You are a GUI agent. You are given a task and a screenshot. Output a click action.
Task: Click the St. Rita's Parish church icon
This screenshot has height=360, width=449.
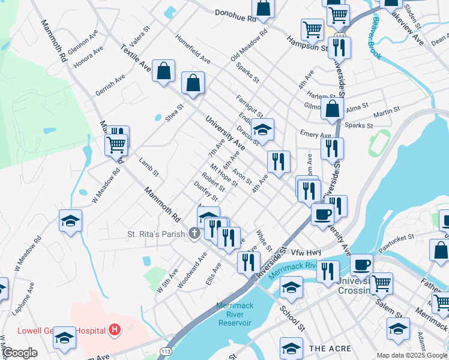coord(194,233)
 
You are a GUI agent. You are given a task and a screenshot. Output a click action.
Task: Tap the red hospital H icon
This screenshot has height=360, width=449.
coord(114,329)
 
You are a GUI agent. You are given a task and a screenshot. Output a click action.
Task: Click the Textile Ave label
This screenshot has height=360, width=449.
coord(136,56)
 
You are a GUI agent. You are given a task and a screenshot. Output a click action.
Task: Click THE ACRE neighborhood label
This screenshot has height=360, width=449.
coord(326,349)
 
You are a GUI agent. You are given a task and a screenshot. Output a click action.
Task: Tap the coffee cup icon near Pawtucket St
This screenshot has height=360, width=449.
coord(361,264)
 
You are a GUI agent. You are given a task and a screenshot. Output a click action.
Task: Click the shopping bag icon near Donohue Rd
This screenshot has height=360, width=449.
coord(263,8)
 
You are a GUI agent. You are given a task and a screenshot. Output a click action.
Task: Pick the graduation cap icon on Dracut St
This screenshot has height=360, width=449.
coord(262,128)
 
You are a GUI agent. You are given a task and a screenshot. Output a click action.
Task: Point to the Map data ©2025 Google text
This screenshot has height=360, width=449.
coord(412,355)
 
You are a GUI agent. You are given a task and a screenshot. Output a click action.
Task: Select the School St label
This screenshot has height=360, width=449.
coord(292,318)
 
